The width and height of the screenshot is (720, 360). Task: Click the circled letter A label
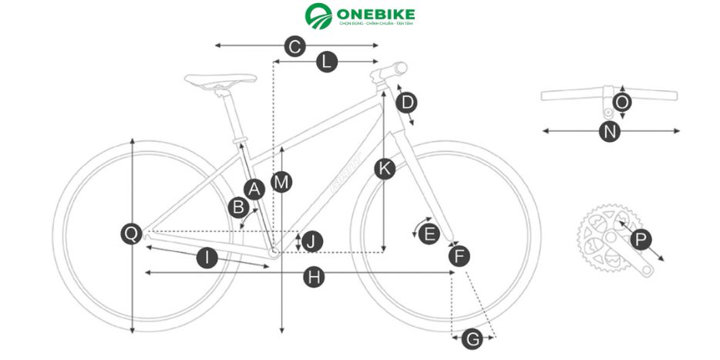point(254,188)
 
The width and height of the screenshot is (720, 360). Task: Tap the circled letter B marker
point(239,207)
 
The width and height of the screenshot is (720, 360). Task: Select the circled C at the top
point(294,46)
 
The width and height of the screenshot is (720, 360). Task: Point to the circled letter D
point(408,102)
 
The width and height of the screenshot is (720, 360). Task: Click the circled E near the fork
point(429,233)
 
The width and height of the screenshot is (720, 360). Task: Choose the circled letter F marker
point(459,257)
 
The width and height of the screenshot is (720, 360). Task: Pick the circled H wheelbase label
point(312,278)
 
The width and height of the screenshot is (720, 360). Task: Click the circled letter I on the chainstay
point(207,258)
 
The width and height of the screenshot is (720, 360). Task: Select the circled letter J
point(311,241)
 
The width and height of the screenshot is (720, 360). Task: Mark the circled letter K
point(385,170)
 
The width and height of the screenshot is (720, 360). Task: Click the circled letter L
point(327,62)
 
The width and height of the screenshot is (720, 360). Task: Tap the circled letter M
point(282,182)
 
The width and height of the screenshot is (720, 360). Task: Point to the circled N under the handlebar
point(611,131)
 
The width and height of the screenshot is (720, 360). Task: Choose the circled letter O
point(623,103)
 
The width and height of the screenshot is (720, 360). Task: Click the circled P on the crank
point(640,240)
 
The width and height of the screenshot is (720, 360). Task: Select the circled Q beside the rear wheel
point(132,234)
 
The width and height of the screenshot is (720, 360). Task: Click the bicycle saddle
point(220,80)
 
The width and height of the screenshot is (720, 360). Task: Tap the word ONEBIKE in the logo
point(375,14)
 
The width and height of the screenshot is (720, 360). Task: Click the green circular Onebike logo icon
point(318,17)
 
